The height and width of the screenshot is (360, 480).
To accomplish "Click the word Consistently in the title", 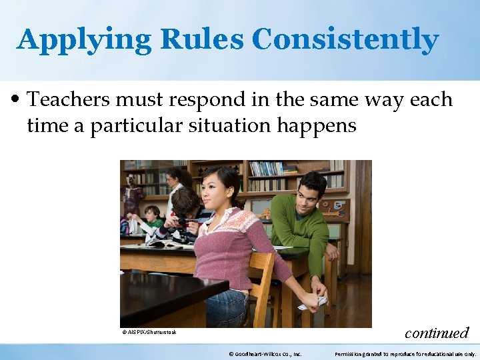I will coord(345,40).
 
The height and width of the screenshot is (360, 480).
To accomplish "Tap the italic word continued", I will coord(437,332).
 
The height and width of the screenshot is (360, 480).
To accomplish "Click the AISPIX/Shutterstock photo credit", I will coord(149,332).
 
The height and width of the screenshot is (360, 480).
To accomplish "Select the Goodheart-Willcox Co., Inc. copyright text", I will coord(265,354).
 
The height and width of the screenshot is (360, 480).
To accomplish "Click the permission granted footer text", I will coord(405,354).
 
